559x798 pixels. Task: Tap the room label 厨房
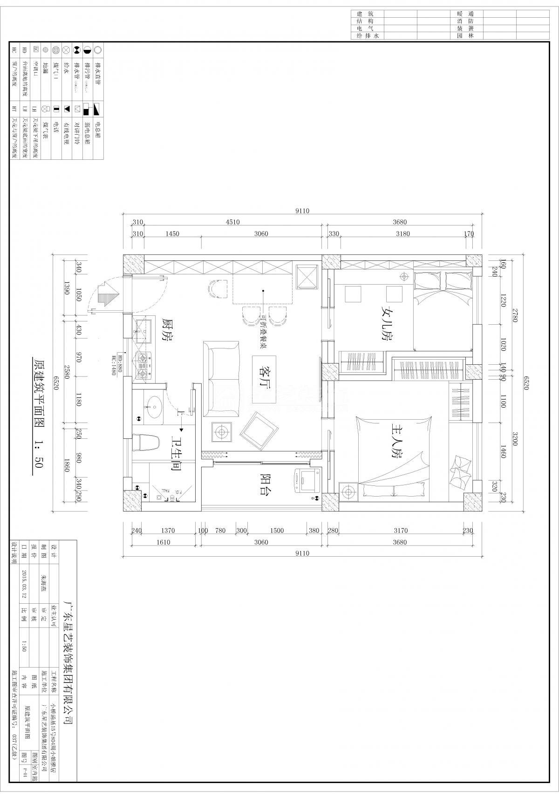pyautogui.click(x=166, y=330)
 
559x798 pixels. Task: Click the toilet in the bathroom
pyautogui.click(x=144, y=443)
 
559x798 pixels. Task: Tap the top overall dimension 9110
pyautogui.click(x=302, y=211)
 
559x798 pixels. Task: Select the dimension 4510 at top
pyautogui.click(x=232, y=222)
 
